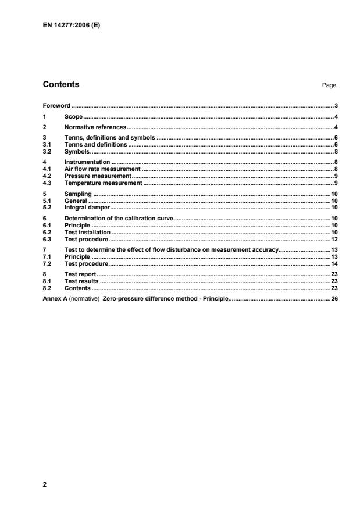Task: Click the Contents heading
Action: (61, 84)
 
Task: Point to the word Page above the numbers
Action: (329, 85)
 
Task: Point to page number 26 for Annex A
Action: (334, 299)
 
